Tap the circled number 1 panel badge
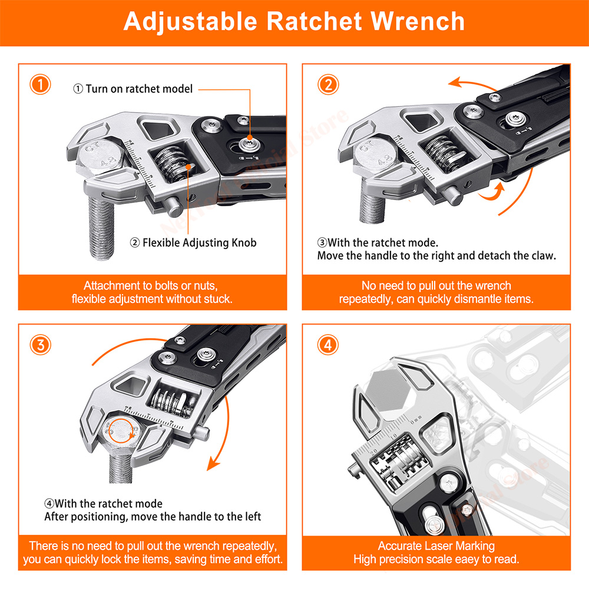click(x=41, y=85)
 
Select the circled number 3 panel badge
click(x=41, y=345)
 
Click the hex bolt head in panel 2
click(x=382, y=154)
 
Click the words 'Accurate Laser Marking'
click(x=436, y=546)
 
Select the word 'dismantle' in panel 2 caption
click(x=465, y=299)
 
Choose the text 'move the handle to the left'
click(x=190, y=517)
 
